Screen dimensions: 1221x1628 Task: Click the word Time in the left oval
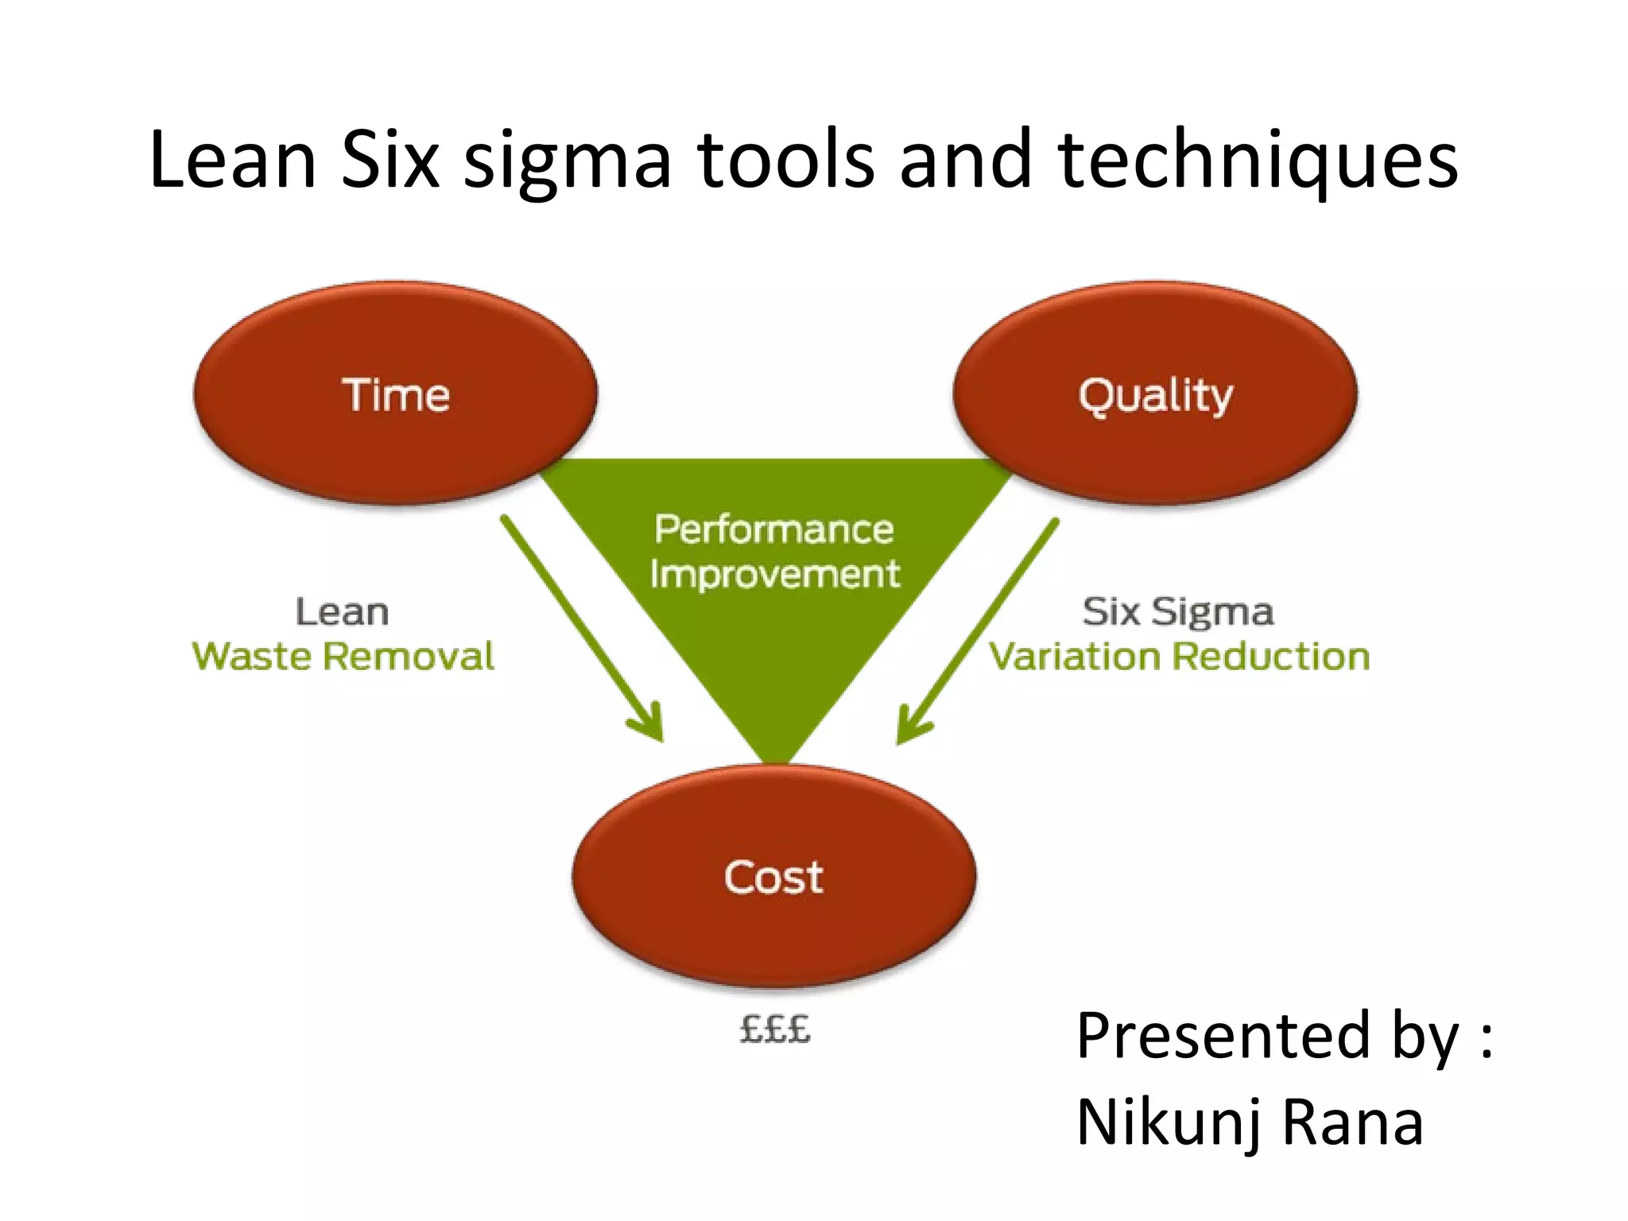pyautogui.click(x=396, y=395)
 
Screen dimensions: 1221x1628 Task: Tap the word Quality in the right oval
pyautogui.click(x=1155, y=395)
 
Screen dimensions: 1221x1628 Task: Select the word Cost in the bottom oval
pyautogui.click(x=773, y=878)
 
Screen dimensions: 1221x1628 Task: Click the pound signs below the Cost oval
pyautogui.click(x=774, y=1029)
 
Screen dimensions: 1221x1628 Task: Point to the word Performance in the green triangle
pyautogui.click(x=774, y=529)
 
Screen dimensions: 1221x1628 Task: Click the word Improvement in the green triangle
pyautogui.click(x=774, y=574)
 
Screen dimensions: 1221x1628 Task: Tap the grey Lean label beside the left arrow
pyautogui.click(x=342, y=612)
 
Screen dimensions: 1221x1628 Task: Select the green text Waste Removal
pyautogui.click(x=343, y=657)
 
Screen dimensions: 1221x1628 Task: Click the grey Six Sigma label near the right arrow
pyautogui.click(x=1177, y=612)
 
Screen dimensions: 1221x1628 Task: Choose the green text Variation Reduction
pyautogui.click(x=1179, y=657)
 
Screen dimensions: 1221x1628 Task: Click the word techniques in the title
pyautogui.click(x=1258, y=161)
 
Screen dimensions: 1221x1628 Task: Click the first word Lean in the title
pyautogui.click(x=233, y=161)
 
